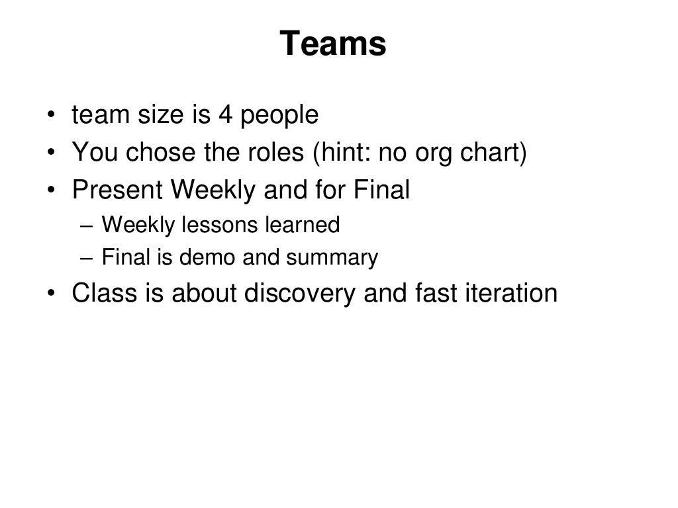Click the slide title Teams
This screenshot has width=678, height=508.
coord(332,44)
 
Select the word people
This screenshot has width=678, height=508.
coord(279,116)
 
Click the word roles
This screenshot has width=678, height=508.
coord(279,153)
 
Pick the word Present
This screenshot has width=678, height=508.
coord(117,190)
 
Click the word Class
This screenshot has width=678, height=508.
coord(103,293)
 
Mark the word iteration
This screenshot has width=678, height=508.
coord(512,293)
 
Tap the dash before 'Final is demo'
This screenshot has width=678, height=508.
coord(89,257)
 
